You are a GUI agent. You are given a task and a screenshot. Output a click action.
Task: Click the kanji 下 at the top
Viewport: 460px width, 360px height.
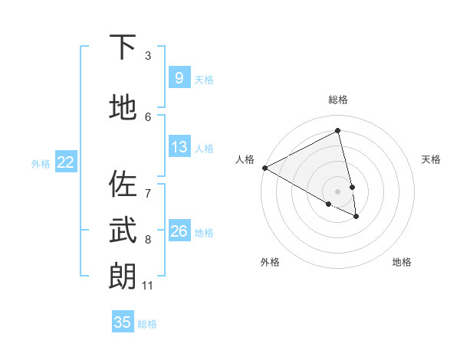[123, 47]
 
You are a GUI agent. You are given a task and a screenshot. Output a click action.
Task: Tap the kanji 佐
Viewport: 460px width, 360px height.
[123, 185]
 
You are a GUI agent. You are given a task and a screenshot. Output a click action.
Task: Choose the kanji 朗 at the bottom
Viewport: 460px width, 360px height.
[123, 276]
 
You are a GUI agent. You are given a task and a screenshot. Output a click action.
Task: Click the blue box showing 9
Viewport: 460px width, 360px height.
[179, 77]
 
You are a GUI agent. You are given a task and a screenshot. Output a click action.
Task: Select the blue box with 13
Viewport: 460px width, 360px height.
[179, 147]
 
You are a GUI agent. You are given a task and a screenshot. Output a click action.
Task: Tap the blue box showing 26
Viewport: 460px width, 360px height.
[179, 231]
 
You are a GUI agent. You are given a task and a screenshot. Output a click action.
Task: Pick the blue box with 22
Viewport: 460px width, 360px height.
[66, 162]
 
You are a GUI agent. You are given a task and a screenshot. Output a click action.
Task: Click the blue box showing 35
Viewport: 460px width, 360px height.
[122, 322]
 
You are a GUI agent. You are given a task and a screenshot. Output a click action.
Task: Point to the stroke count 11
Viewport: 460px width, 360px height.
[147, 286]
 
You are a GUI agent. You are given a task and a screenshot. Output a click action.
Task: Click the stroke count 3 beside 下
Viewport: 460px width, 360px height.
[148, 56]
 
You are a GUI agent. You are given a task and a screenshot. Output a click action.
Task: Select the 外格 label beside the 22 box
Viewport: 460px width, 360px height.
[41, 163]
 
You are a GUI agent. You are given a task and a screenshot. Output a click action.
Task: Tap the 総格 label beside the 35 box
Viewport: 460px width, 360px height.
[147, 324]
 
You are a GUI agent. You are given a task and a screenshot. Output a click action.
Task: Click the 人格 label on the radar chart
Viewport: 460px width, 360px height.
[245, 159]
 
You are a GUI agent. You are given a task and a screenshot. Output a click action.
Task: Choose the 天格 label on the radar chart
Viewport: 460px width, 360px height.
[431, 159]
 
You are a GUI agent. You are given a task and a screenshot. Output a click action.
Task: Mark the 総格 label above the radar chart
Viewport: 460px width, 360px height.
[338, 100]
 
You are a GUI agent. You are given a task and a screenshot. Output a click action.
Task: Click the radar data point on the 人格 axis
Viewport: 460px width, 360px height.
[264, 168]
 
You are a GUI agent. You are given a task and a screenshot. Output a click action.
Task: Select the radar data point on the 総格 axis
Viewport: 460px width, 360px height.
[338, 131]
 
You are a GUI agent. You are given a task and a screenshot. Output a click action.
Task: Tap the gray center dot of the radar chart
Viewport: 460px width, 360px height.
[338, 191]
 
